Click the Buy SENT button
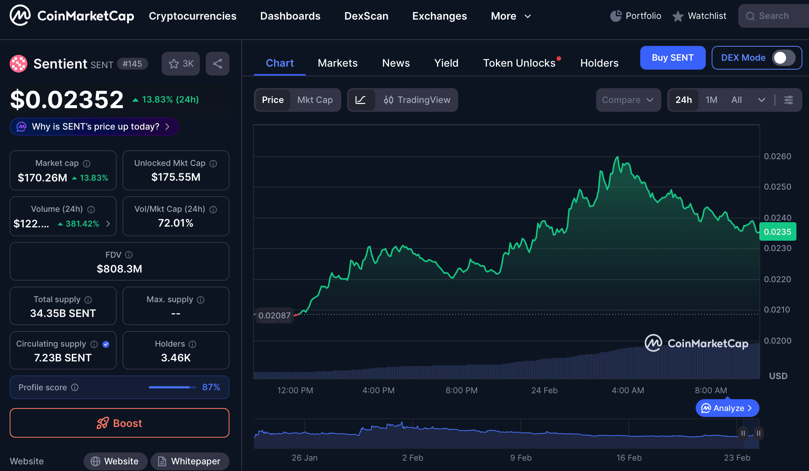tap(672, 58)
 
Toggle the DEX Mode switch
tap(783, 58)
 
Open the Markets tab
tap(338, 63)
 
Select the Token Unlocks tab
tap(519, 63)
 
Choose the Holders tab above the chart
tap(599, 63)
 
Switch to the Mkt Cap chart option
tap(315, 100)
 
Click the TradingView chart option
tap(417, 100)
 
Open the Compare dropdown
tap(628, 100)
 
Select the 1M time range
tap(711, 100)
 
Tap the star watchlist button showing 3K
tap(181, 64)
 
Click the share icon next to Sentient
tap(218, 64)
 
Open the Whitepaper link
tap(190, 461)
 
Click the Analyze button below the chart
tap(727, 408)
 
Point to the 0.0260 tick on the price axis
tap(778, 156)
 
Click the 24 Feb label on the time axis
tap(544, 390)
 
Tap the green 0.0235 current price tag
tap(778, 232)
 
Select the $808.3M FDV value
tap(119, 269)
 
